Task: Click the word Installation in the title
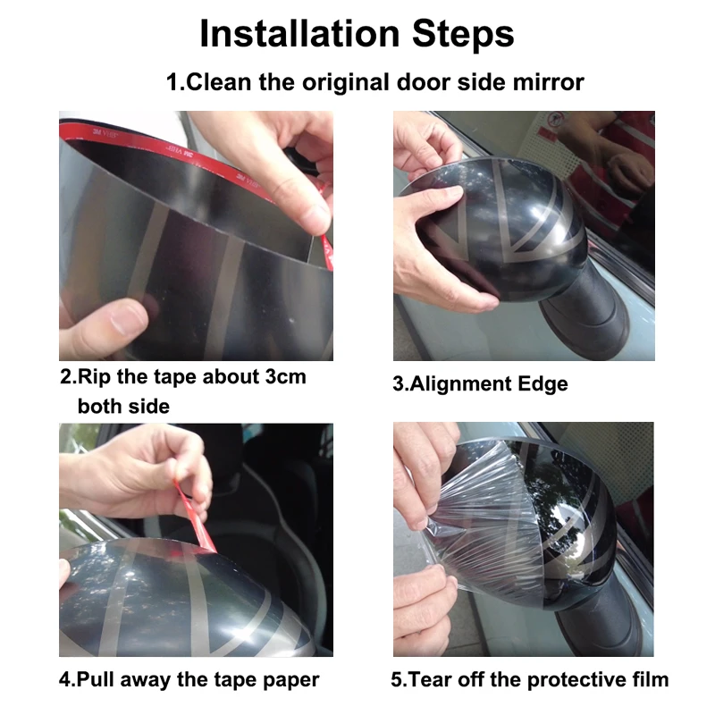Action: [299, 33]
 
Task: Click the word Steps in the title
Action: [463, 34]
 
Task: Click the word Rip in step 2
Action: [95, 377]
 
